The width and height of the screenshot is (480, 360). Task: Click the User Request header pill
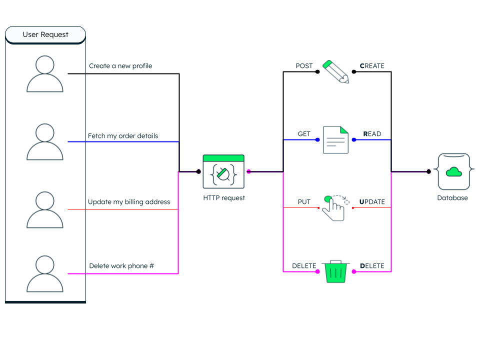pyautogui.click(x=45, y=34)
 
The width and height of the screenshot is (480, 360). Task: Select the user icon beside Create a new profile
pyautogui.click(x=44, y=74)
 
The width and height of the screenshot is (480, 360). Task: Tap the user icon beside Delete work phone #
pyautogui.click(x=44, y=273)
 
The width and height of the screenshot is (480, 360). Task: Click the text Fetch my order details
pyautogui.click(x=123, y=136)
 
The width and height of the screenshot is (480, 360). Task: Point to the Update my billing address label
pyautogui.click(x=129, y=202)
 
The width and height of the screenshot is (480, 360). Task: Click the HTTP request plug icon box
pyautogui.click(x=223, y=171)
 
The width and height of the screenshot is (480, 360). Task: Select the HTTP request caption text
pyautogui.click(x=224, y=198)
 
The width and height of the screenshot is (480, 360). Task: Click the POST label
pyautogui.click(x=304, y=66)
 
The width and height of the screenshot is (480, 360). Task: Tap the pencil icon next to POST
pyautogui.click(x=335, y=71)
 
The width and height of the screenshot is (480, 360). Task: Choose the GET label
pyautogui.click(x=304, y=134)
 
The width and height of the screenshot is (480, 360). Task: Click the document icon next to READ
pyautogui.click(x=335, y=139)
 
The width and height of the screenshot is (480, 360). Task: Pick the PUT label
pyautogui.click(x=304, y=201)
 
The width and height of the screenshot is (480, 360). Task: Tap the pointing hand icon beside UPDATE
pyautogui.click(x=335, y=208)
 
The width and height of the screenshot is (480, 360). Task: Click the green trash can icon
pyautogui.click(x=336, y=271)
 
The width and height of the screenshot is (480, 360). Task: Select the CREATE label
pyautogui.click(x=372, y=66)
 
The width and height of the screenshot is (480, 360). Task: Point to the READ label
pyautogui.click(x=372, y=134)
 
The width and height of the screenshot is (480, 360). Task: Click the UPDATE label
pyautogui.click(x=372, y=201)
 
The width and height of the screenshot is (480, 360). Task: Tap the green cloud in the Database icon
pyautogui.click(x=454, y=172)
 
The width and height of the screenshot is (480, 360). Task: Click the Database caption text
pyautogui.click(x=452, y=198)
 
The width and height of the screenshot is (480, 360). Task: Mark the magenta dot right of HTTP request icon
pyautogui.click(x=248, y=171)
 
